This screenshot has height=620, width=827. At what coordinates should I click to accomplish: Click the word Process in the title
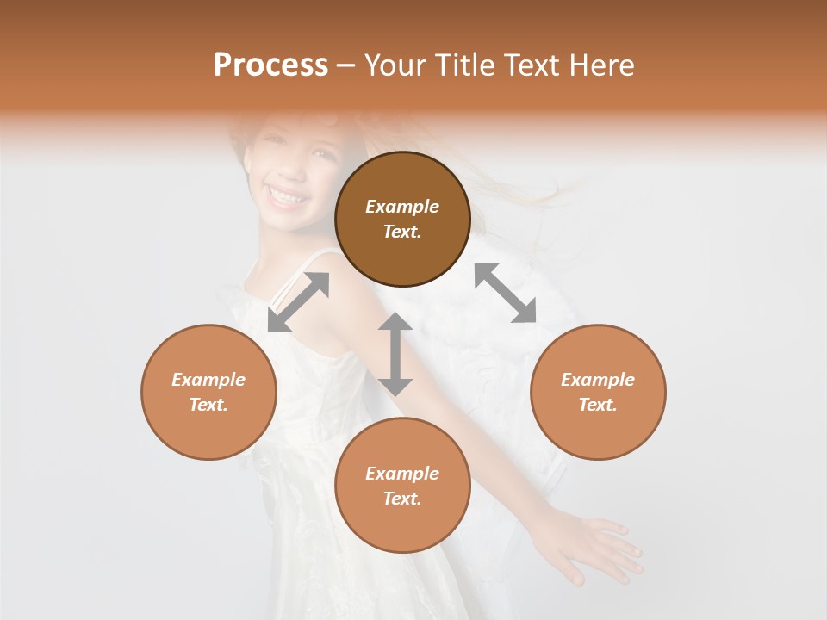click(x=270, y=65)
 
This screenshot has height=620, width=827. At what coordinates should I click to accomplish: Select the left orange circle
click(x=208, y=392)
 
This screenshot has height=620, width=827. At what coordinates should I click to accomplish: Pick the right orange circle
click(x=598, y=392)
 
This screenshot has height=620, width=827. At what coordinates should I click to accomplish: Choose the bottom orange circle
click(x=402, y=485)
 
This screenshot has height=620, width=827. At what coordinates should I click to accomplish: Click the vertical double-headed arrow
click(x=395, y=354)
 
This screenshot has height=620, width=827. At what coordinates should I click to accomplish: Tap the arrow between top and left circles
click(x=298, y=302)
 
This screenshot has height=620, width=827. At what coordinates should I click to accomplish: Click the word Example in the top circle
click(x=402, y=207)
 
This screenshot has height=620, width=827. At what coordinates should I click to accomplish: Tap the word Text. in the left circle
click(x=208, y=405)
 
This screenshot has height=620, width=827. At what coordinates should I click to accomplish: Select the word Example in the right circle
click(x=598, y=380)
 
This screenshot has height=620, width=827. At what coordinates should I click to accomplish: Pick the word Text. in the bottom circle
click(x=402, y=499)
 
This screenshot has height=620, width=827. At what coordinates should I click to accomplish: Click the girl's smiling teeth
click(x=286, y=196)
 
